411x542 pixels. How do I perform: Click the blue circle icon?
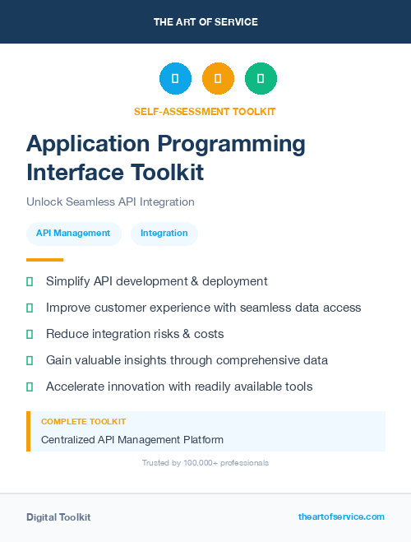click(175, 78)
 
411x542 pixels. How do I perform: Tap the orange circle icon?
click(218, 78)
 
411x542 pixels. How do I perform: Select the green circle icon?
click(261, 78)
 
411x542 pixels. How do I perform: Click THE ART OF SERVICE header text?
click(205, 22)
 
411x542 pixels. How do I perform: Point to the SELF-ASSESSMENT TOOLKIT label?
click(205, 111)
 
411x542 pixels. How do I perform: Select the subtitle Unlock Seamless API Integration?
click(110, 202)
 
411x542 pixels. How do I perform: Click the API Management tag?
click(73, 234)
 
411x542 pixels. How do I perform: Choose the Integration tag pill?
click(164, 234)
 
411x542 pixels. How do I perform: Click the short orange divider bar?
click(44, 260)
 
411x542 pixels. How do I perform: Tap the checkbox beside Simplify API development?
click(30, 281)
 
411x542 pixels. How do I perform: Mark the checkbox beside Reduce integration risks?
click(30, 334)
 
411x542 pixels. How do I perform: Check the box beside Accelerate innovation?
click(30, 387)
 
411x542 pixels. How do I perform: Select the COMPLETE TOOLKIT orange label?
click(83, 421)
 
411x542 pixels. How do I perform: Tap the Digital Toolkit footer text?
click(58, 517)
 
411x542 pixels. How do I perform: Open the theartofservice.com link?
click(341, 517)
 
